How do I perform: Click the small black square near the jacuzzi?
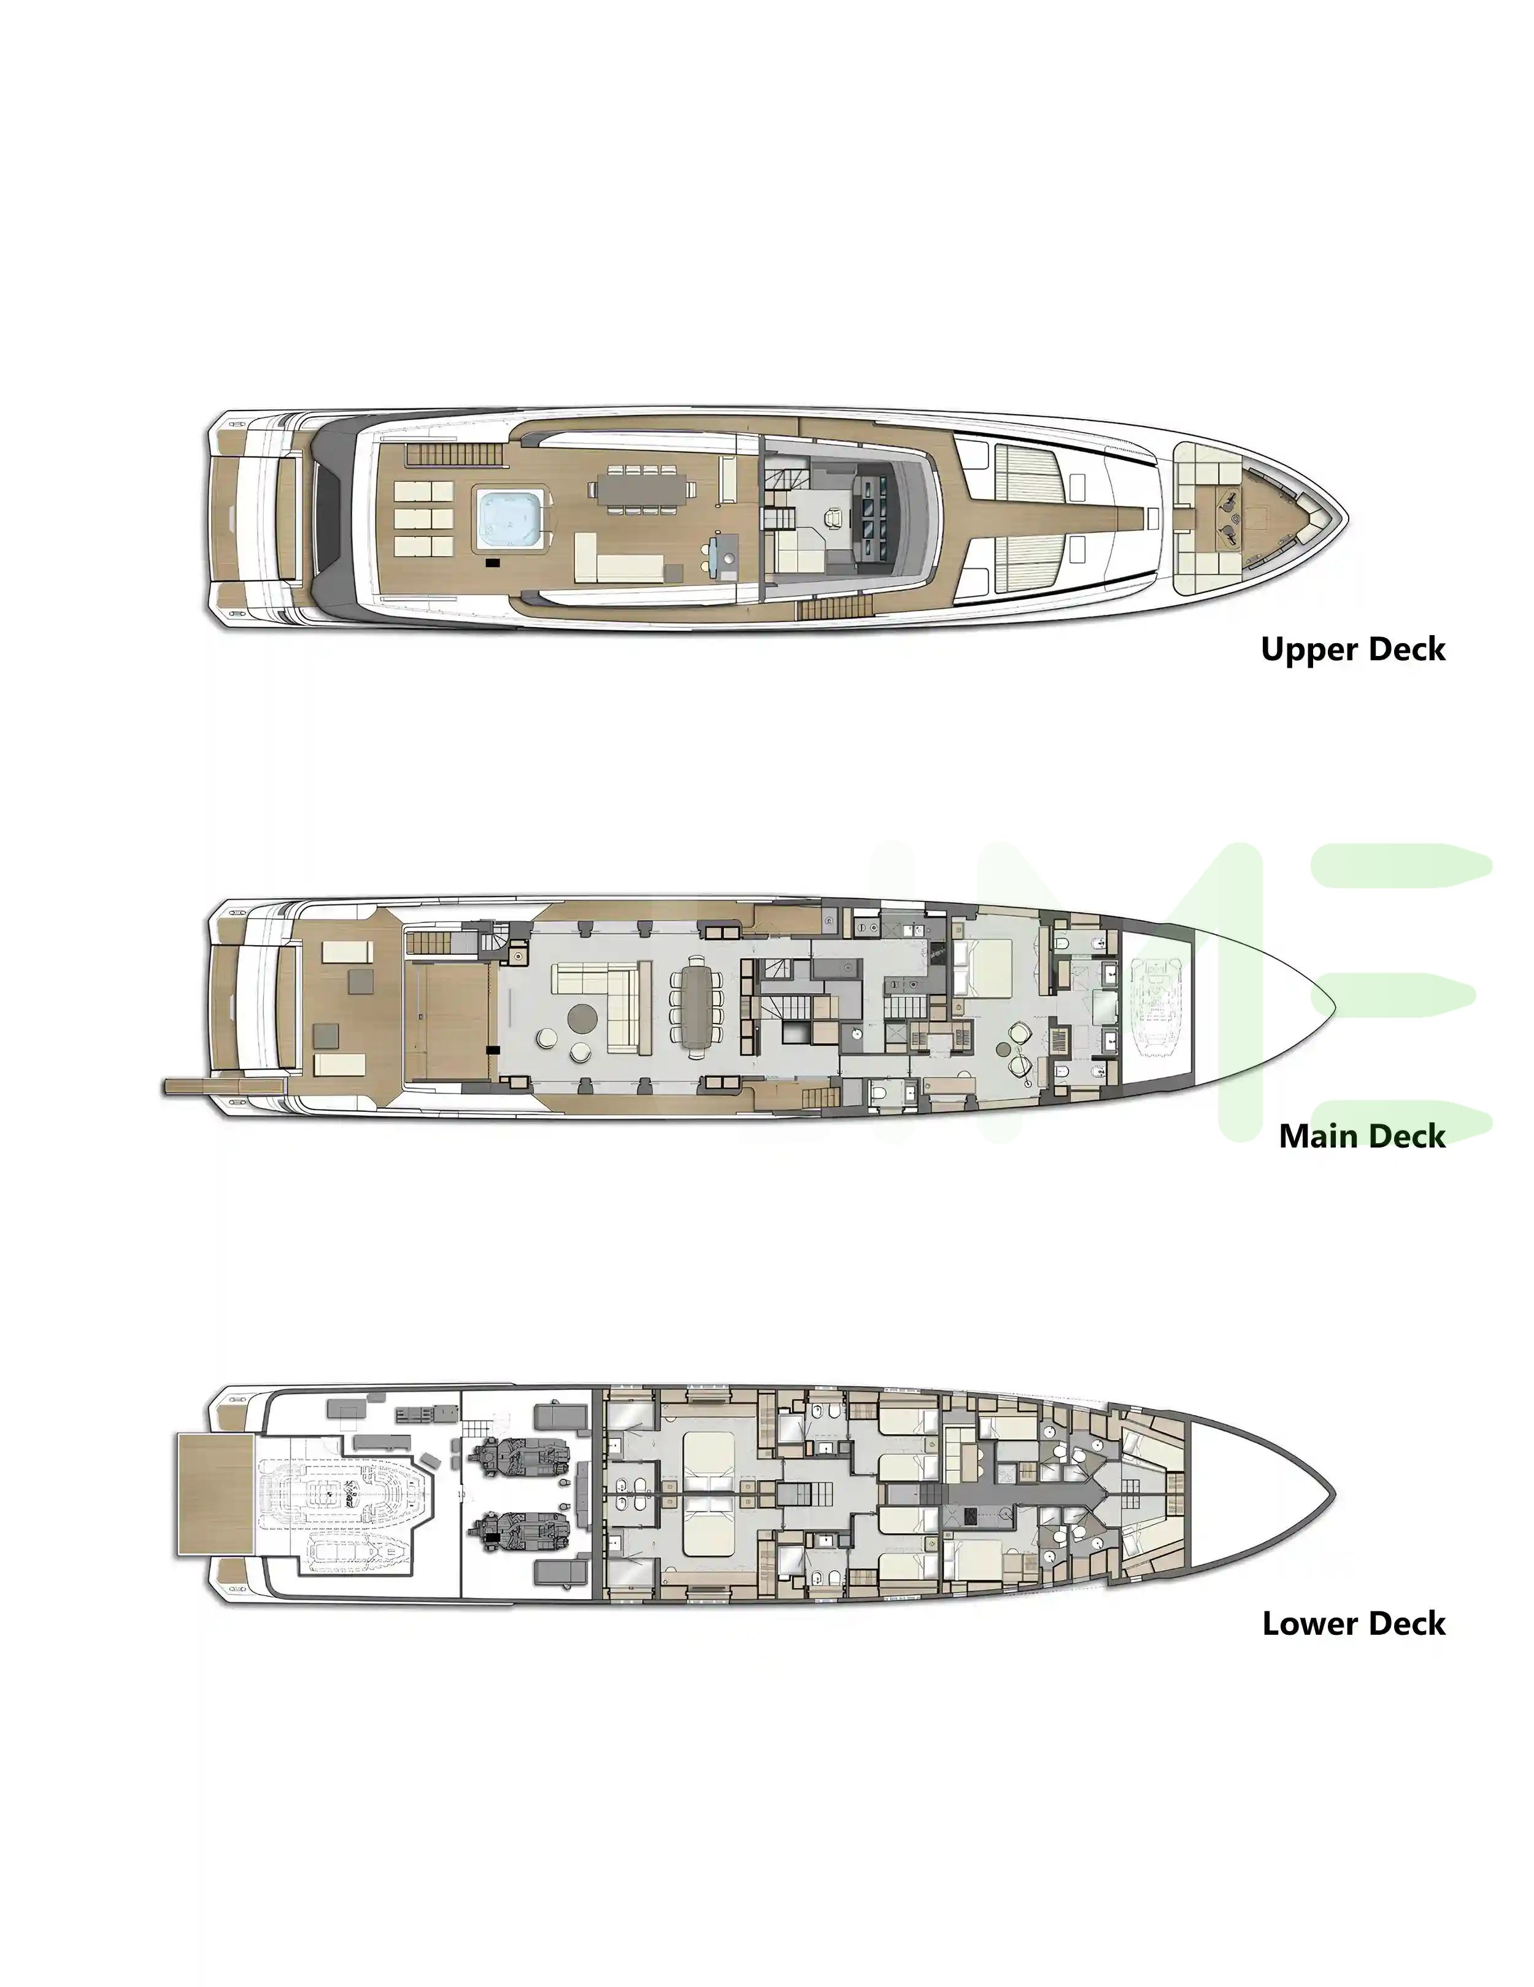coord(493,564)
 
